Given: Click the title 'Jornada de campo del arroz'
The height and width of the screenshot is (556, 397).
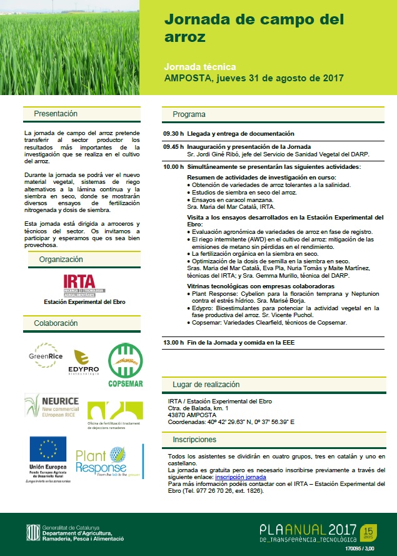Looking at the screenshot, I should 254,28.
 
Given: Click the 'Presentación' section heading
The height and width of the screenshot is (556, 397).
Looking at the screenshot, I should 56,114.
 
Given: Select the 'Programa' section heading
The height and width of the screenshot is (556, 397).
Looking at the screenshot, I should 189,114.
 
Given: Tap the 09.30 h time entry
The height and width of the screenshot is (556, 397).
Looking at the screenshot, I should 173,134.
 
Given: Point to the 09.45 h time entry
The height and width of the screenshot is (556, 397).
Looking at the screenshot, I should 173,146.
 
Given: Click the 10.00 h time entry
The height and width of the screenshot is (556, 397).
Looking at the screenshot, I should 173,167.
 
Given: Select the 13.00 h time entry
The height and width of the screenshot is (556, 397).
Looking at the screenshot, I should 173,343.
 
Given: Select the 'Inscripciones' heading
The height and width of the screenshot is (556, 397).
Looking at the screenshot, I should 194,440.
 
